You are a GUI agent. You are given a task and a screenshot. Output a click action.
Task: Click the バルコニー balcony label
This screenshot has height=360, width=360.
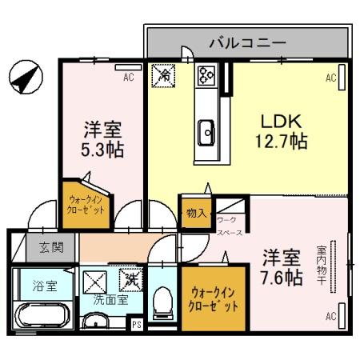pyautogui.click(x=247, y=42)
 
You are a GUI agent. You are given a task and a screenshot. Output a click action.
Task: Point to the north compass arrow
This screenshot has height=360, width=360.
pyautogui.click(x=24, y=78)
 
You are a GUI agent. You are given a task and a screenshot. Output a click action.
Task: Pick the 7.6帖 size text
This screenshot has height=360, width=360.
pyautogui.click(x=282, y=278)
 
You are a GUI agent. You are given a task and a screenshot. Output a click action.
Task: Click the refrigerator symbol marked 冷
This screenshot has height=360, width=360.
pyautogui.click(x=164, y=77)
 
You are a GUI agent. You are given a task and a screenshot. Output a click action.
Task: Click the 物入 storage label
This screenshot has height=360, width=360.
pyautogui.click(x=196, y=214)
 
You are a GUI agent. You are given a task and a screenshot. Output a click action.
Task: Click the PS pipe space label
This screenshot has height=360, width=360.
pyautogui.click(x=136, y=324)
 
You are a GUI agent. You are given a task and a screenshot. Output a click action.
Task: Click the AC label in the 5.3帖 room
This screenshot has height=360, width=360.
pyautogui.click(x=128, y=78)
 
